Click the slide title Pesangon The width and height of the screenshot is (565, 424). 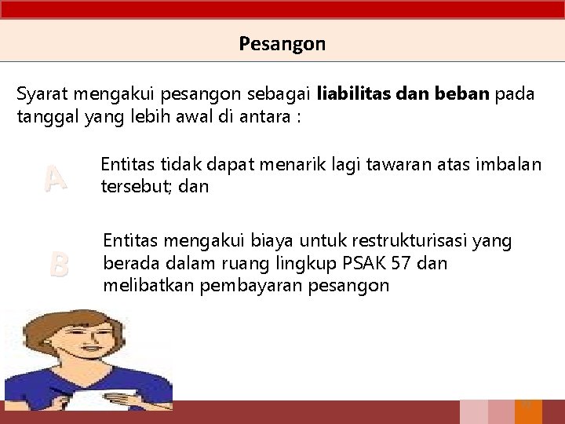pos(282,44)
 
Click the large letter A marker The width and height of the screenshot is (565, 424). pos(55,179)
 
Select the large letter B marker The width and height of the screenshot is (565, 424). pos(58,264)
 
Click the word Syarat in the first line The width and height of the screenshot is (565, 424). pos(40,95)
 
